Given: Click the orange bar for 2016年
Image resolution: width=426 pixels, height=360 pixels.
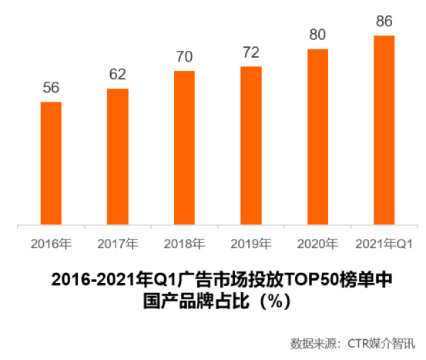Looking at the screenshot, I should coord(51,163).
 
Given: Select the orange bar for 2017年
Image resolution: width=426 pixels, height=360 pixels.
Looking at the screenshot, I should coord(118,157).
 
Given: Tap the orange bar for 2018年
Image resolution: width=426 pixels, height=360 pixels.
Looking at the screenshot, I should coord(184,149).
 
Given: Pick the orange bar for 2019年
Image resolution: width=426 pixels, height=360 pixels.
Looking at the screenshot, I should coord(251,146).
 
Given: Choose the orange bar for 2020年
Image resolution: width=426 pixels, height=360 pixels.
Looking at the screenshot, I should coord(317,138).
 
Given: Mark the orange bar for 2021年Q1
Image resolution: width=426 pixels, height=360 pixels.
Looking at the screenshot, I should coord(384,131).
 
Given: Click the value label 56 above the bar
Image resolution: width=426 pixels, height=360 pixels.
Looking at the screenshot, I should coord(51,88).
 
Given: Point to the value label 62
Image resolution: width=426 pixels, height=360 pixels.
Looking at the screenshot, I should coord(118,75).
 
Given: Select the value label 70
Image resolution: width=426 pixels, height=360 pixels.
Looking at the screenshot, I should coord(184,57).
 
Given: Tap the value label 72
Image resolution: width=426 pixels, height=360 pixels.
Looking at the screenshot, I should coord(251,52).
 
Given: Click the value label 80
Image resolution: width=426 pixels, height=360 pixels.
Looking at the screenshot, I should coord(317,35).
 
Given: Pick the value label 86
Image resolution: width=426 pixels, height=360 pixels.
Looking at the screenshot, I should coord(384,21).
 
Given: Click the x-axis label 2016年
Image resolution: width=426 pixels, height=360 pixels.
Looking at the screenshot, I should coord(51,244).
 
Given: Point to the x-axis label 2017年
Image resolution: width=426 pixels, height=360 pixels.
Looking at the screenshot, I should coord(118,244).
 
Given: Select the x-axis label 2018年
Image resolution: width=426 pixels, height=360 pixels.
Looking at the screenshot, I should coord(184,244).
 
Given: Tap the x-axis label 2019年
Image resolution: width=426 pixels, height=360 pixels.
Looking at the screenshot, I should coord(251,244).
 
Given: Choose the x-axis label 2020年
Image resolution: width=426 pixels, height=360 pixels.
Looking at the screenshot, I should coord(317,244).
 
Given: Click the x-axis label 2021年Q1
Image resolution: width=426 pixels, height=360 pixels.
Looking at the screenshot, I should coord(384,244).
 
